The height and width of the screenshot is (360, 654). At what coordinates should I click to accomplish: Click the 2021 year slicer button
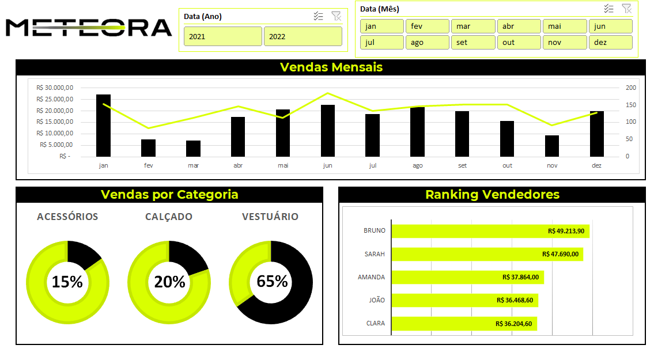(223, 36)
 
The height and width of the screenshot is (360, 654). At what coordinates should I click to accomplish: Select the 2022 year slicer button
(303, 36)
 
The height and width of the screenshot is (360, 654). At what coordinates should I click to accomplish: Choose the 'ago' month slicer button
(427, 43)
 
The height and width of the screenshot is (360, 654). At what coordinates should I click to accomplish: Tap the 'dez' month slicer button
(610, 43)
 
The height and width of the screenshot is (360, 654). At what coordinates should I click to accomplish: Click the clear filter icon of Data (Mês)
(626, 9)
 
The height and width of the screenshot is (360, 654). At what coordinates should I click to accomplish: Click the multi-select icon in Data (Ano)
(319, 16)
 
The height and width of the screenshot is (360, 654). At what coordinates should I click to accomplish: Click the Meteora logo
(89, 28)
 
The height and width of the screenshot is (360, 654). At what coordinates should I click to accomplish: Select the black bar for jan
(104, 126)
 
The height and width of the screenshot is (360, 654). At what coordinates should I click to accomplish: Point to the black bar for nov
(552, 146)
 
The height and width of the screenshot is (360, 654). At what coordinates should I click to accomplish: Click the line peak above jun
(328, 93)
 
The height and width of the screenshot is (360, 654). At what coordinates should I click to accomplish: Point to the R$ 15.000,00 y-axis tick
(54, 122)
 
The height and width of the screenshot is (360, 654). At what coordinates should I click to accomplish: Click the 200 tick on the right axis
(631, 88)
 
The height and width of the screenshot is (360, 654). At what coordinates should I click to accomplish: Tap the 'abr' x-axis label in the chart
(238, 165)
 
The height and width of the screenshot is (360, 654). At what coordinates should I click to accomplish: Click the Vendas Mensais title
(331, 67)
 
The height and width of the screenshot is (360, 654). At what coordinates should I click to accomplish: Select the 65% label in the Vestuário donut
(272, 282)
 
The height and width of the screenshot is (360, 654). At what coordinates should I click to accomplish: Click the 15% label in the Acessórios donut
(67, 282)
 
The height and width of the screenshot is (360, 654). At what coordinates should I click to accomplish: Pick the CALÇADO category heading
(169, 217)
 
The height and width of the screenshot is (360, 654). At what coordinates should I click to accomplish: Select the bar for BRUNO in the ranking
(490, 231)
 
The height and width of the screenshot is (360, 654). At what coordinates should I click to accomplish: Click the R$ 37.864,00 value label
(520, 277)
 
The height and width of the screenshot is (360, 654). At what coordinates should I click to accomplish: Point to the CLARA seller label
(375, 324)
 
